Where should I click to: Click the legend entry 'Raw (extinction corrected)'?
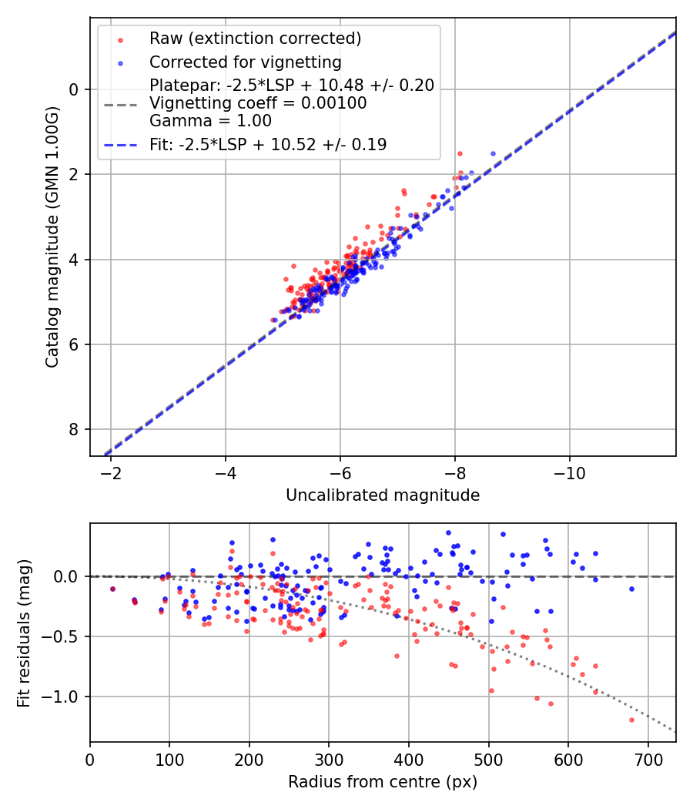pos(255,39)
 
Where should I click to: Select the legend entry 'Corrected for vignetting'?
pos(245,62)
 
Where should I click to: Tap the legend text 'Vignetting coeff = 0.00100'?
pos(258,102)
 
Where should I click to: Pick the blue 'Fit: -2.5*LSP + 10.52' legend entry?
pos(268,144)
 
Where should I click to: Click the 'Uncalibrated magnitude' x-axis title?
pos(383,495)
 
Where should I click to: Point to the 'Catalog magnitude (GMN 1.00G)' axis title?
pos(52,236)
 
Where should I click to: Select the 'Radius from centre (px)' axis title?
pos(383,782)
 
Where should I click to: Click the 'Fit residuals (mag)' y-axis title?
pos(24,633)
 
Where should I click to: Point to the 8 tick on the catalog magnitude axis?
pos(75,429)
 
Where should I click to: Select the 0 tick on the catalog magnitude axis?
pos(75,89)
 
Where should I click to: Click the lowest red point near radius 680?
pos(631,720)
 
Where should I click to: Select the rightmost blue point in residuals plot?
pos(631,589)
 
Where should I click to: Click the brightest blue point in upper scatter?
pos(493,153)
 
